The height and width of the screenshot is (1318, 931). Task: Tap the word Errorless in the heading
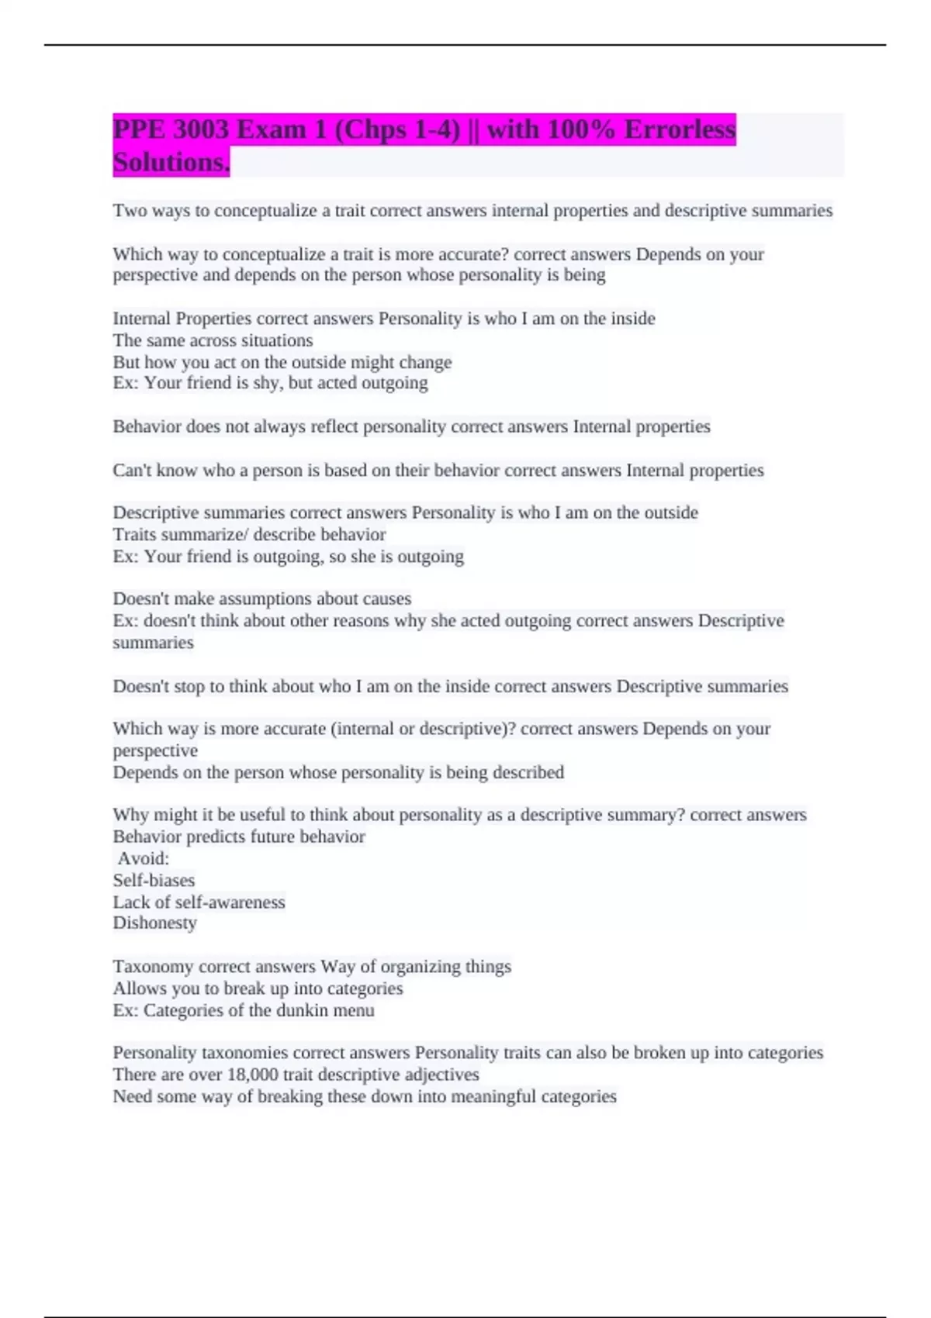pyautogui.click(x=680, y=129)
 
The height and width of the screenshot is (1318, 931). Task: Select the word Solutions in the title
pyautogui.click(x=170, y=162)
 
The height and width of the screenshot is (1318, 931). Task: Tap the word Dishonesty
pyautogui.click(x=154, y=923)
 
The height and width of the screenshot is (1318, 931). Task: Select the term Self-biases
pyautogui.click(x=154, y=880)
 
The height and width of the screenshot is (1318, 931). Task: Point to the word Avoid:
pyautogui.click(x=144, y=858)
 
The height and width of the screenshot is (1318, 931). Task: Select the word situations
pyautogui.click(x=275, y=340)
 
